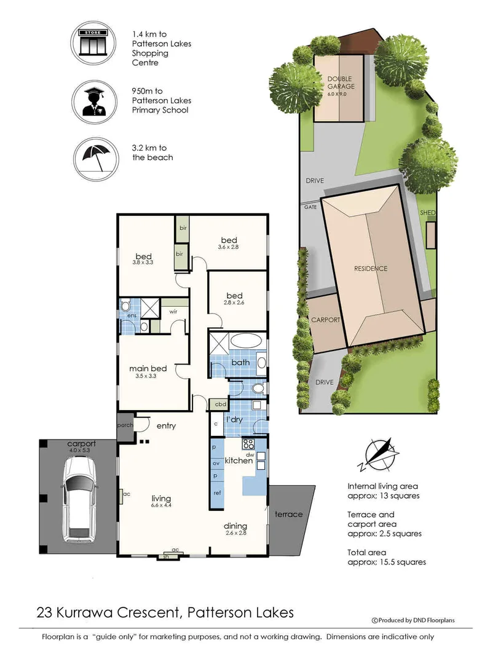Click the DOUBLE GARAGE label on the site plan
click(341, 82)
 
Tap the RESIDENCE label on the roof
click(371, 269)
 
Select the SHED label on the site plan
click(427, 213)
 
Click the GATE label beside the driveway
click(310, 207)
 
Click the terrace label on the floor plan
click(288, 514)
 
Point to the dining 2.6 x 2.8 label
click(235, 529)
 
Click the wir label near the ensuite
click(174, 310)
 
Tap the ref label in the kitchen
click(217, 493)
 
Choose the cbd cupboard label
click(219, 405)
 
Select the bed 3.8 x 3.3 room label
click(144, 258)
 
